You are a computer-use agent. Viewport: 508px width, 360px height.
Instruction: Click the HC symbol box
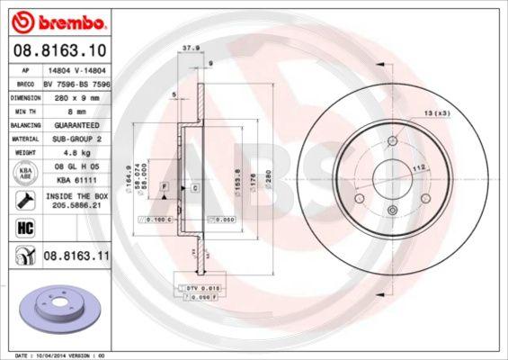pos(25,227)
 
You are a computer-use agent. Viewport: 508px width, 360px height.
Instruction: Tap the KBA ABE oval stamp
pos(25,173)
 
